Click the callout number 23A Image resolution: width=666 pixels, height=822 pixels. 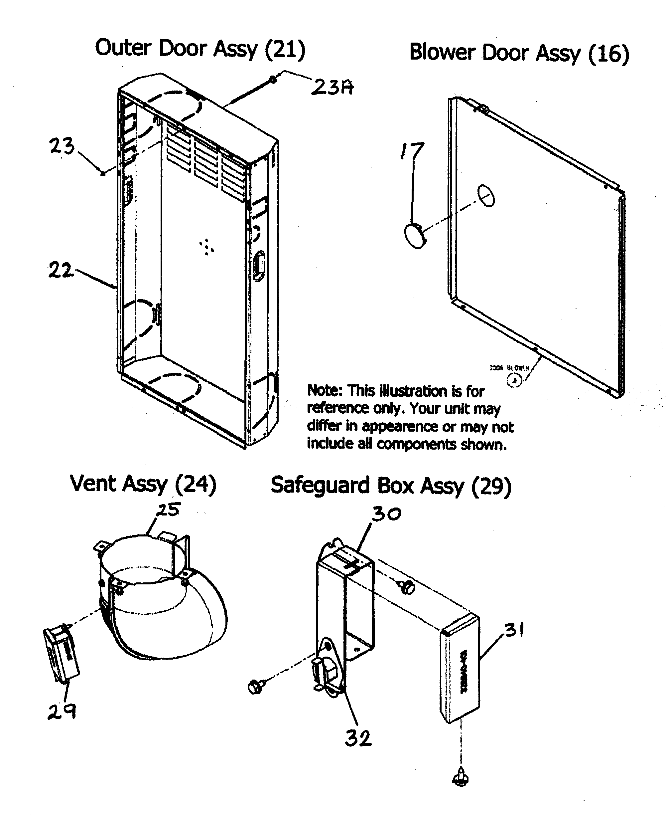[x=332, y=87]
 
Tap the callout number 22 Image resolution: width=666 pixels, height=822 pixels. [x=60, y=270]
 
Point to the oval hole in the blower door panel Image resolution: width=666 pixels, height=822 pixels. [x=486, y=196]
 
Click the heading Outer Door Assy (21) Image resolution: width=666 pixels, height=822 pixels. [x=200, y=49]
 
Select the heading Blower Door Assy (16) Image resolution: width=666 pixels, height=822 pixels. [x=519, y=53]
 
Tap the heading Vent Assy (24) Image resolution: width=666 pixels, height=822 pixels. [x=143, y=484]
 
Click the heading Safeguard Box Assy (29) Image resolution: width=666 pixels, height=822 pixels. [x=391, y=486]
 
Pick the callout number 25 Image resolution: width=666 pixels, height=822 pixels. [x=168, y=510]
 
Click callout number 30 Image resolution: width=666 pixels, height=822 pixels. [x=386, y=514]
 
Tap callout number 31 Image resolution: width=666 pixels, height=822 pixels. [x=514, y=630]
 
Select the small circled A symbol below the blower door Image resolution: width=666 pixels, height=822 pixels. [x=514, y=380]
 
